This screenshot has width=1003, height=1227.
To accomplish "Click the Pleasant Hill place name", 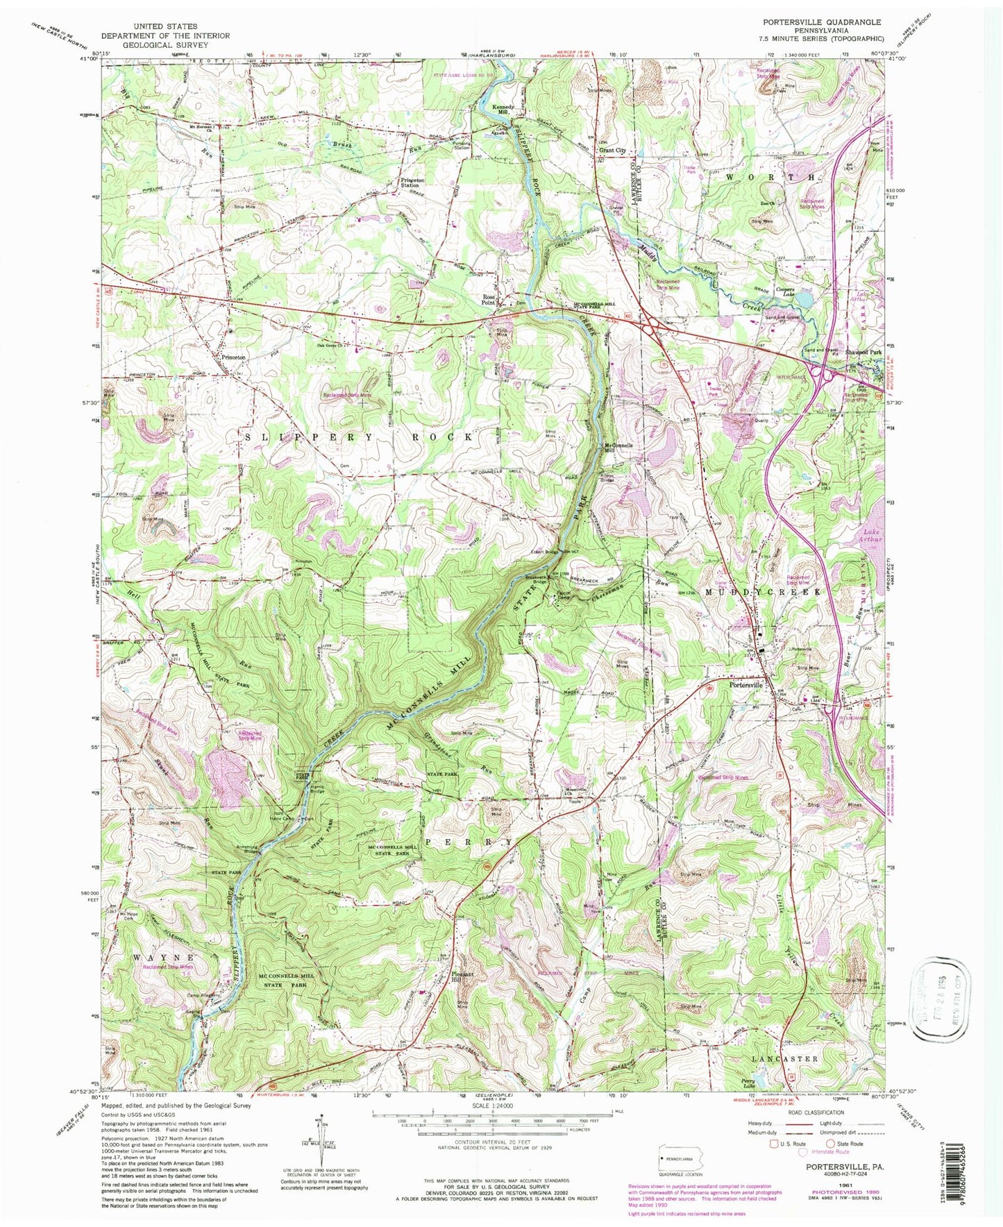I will point(464,976).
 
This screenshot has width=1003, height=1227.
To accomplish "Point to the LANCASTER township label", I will point(784,1059).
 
